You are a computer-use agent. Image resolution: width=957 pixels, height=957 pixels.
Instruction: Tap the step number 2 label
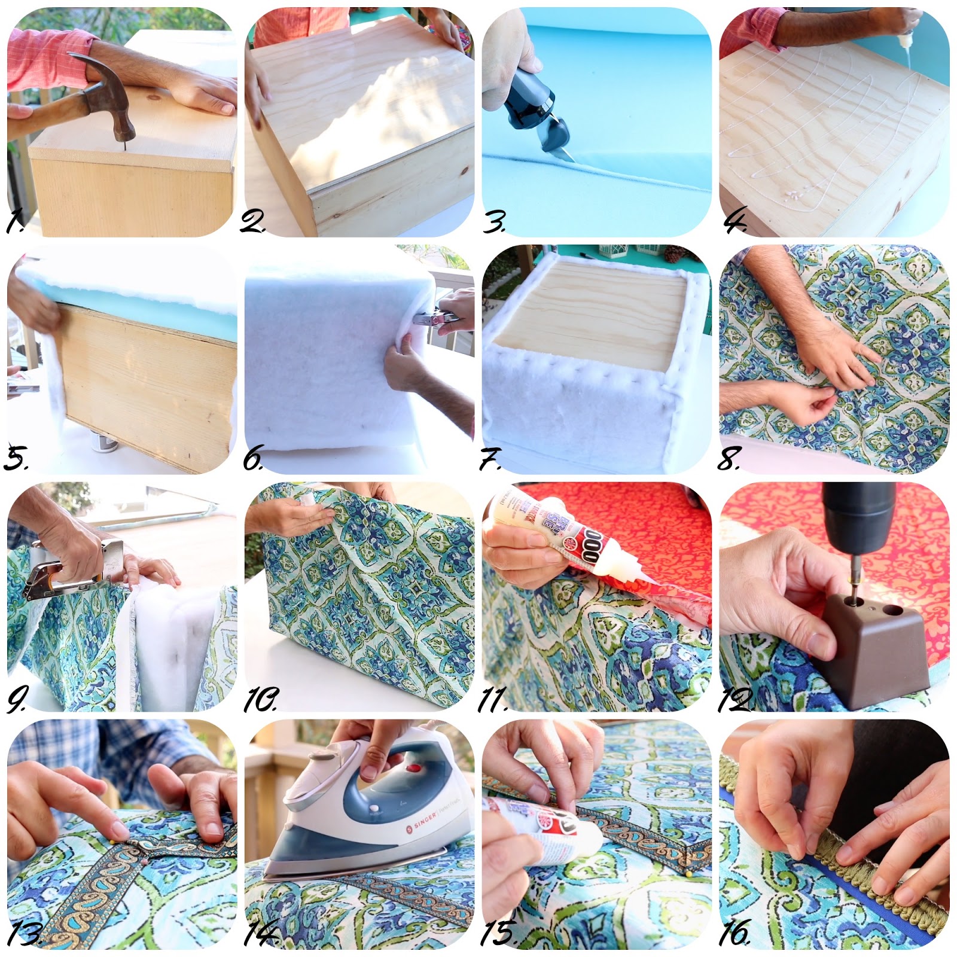(252, 222)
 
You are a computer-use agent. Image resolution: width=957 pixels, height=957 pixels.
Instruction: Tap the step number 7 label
(490, 459)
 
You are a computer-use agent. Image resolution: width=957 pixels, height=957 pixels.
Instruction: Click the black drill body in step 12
(858, 514)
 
